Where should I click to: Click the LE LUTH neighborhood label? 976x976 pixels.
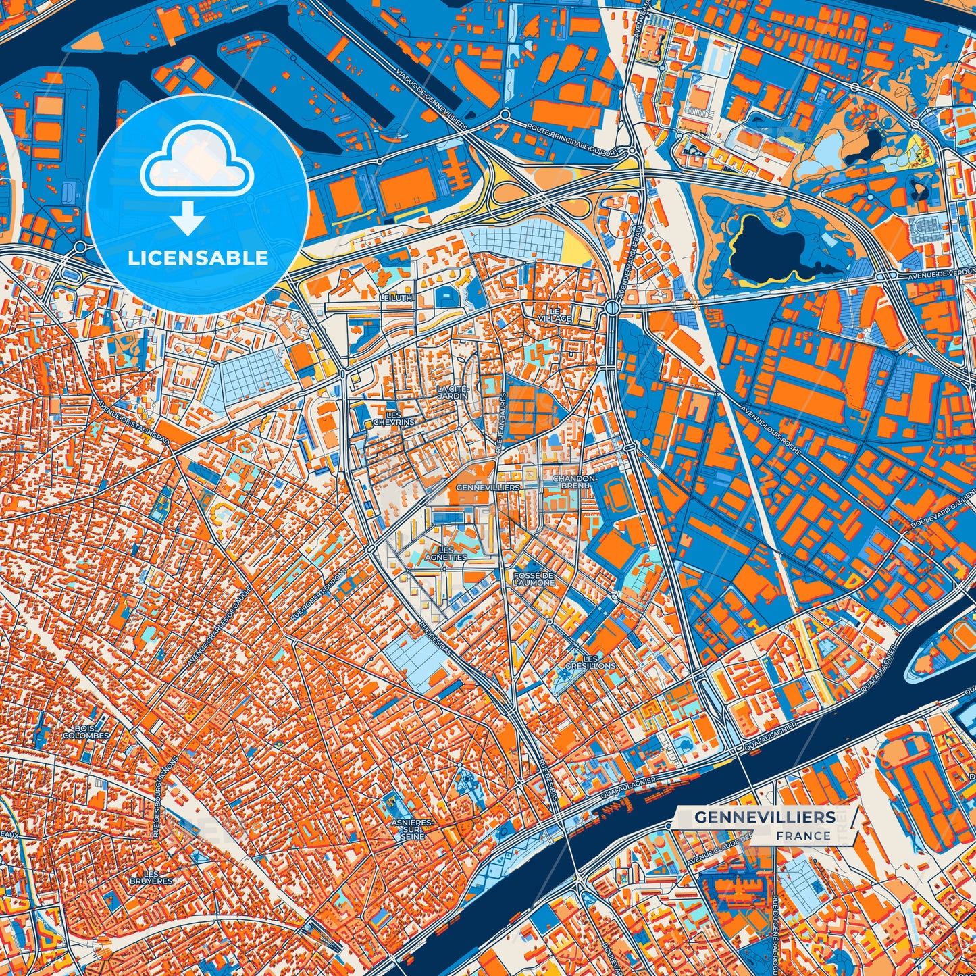396,297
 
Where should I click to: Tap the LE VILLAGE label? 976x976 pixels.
555,315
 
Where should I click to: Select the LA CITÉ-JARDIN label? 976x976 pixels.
452,392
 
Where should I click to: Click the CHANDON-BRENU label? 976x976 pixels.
571,481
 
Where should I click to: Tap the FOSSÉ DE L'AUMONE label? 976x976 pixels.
534,578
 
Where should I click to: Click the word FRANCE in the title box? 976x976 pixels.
803,836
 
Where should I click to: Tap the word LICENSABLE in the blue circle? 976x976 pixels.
198,258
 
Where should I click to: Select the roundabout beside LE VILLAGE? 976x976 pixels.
612,307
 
